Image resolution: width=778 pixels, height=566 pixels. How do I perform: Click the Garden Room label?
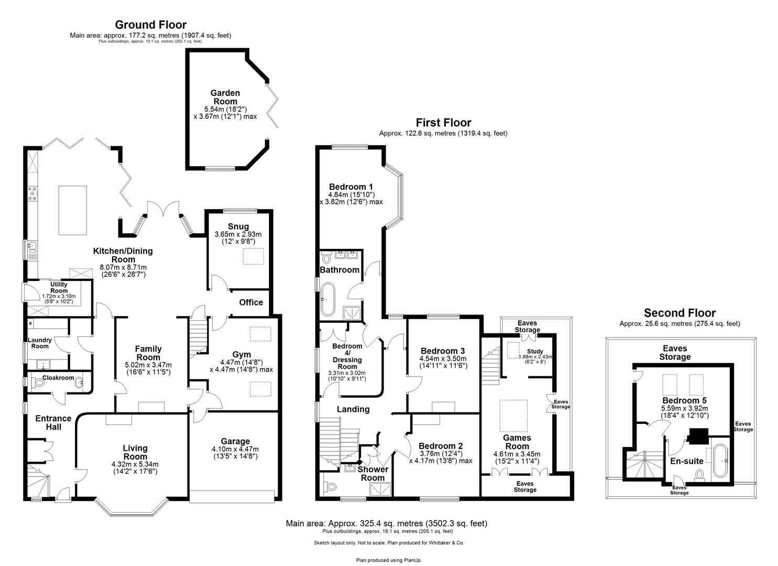coord(225,97)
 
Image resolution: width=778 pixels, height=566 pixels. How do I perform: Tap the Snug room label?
coord(238,226)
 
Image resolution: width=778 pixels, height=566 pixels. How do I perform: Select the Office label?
coord(251,302)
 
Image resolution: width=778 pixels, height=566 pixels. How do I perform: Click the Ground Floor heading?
coord(150,25)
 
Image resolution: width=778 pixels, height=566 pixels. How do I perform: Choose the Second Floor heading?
coord(680,313)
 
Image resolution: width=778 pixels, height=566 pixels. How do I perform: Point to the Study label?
coord(535,351)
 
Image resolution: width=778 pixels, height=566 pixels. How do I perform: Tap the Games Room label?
coord(517,442)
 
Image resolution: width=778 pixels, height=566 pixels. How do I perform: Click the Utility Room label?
coord(59,288)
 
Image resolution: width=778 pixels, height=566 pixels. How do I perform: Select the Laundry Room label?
coord(40,343)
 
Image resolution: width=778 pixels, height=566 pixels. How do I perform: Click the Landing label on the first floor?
coord(353,409)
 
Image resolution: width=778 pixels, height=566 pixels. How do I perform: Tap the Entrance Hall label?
coord(53,422)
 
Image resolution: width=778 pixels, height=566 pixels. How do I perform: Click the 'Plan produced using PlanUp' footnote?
coord(389,560)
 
